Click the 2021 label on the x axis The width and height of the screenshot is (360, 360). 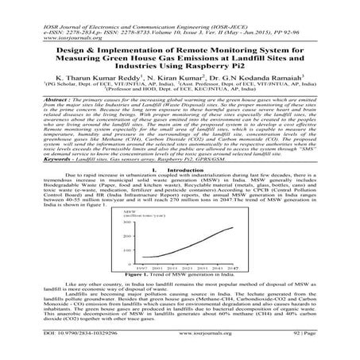tap(181, 270)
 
